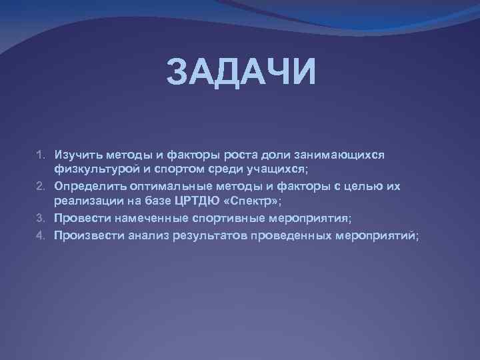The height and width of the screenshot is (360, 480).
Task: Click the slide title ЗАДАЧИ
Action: pyautogui.click(x=240, y=72)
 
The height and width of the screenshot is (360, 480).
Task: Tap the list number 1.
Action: pyautogui.click(x=39, y=155)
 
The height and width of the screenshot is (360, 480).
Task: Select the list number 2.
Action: pyautogui.click(x=39, y=187)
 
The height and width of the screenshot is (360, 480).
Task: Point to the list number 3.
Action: pyautogui.click(x=39, y=218)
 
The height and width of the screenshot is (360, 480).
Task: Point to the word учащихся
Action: pyautogui.click(x=275, y=170)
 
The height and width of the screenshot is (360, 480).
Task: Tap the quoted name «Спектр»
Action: pyautogui.click(x=254, y=202)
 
